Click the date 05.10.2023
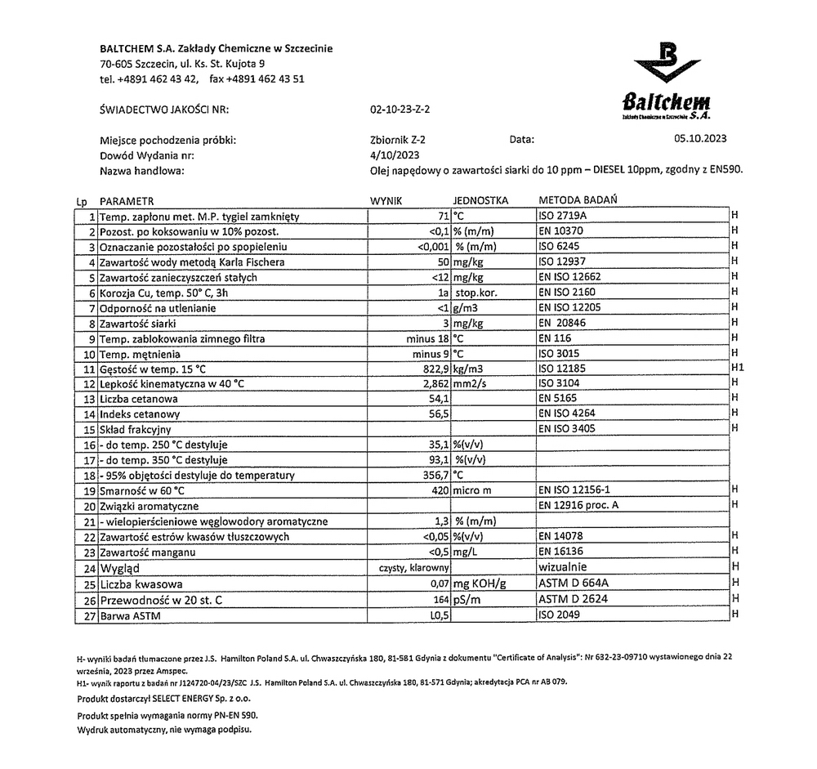click(x=700, y=140)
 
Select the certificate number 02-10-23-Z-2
click(x=400, y=110)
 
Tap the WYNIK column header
click(x=387, y=200)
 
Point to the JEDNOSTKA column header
click(x=480, y=200)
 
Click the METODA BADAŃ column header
click(x=578, y=200)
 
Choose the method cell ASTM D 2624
click(x=573, y=599)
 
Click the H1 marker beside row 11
click(x=736, y=369)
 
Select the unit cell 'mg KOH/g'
click(x=480, y=583)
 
